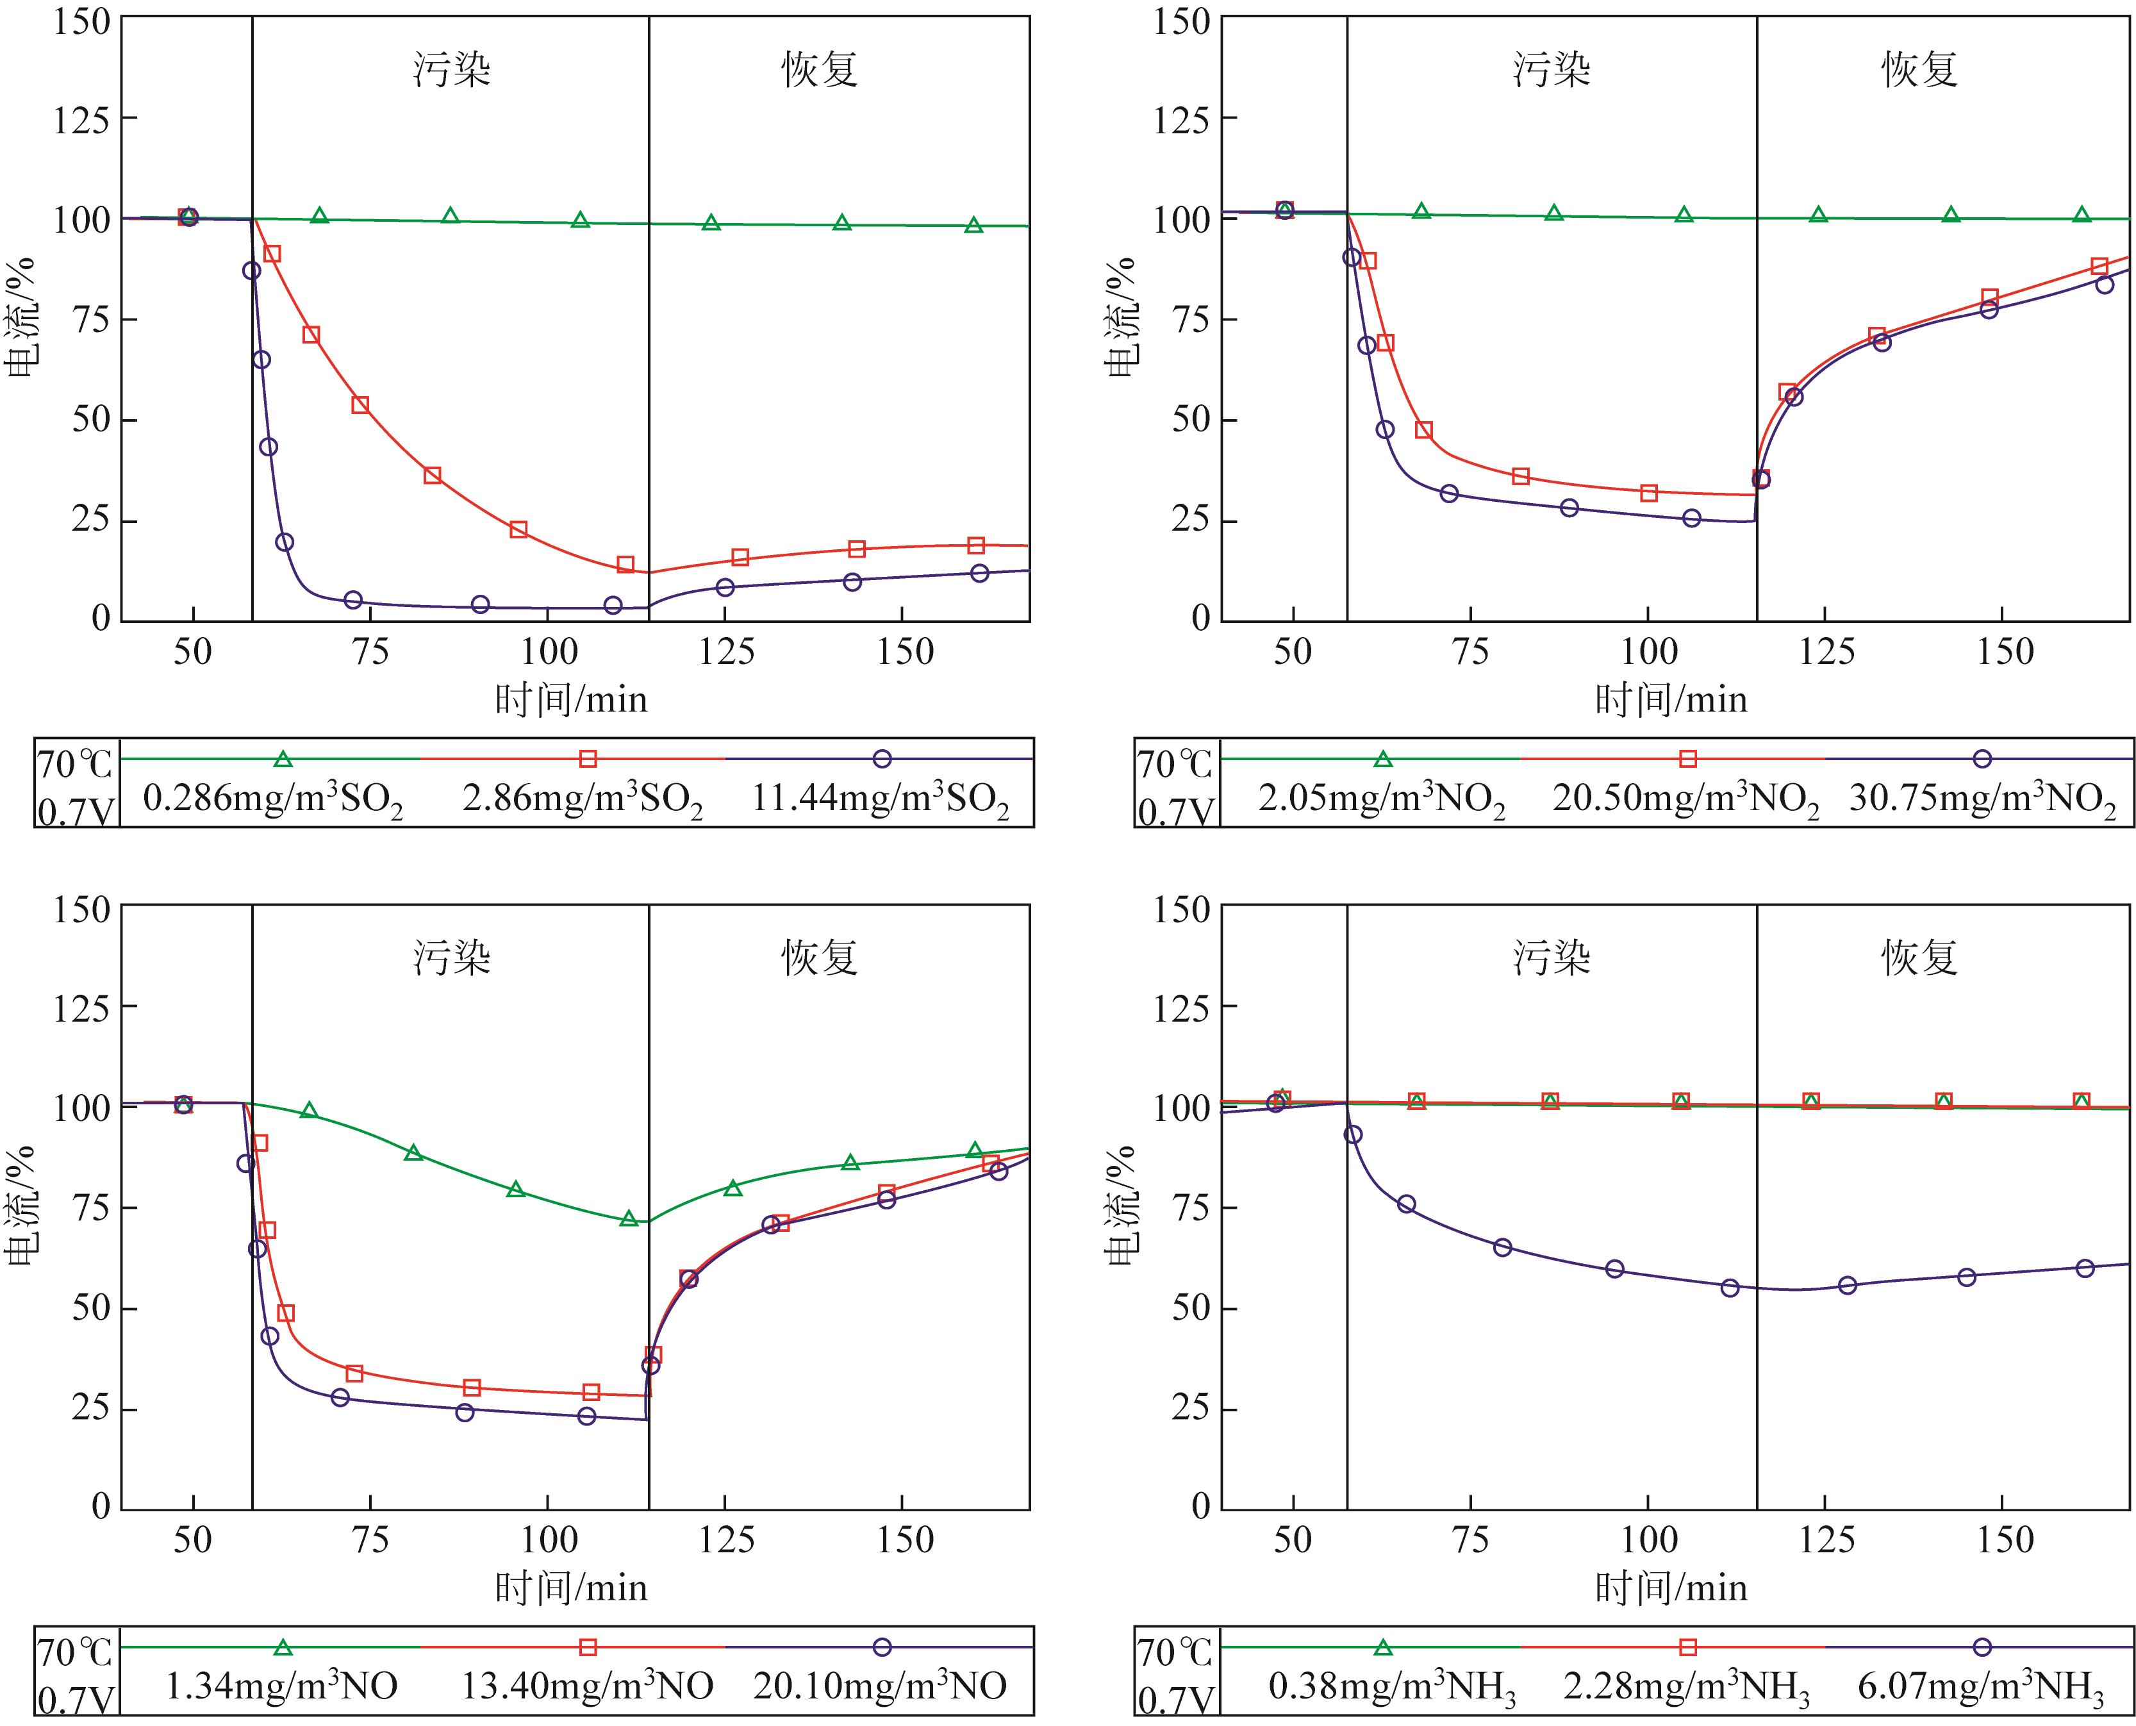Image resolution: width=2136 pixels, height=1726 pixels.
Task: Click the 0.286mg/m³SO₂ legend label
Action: tap(272, 799)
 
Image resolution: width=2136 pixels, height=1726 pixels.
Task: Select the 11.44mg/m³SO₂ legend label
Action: tap(881, 799)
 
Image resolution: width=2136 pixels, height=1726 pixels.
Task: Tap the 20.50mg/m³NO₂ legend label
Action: tap(1685, 799)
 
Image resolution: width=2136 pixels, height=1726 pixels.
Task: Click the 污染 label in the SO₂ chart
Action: tap(452, 70)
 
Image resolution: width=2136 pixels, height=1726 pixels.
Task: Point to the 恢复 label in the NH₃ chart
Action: tap(1918, 958)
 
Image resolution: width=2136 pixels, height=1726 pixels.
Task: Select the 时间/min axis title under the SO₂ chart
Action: tap(572, 700)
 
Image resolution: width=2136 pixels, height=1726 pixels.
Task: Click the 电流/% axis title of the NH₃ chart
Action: tap(1123, 1205)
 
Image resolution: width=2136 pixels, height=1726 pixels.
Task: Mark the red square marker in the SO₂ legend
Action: tap(588, 759)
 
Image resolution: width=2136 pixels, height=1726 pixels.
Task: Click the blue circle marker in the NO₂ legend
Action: tap(1982, 759)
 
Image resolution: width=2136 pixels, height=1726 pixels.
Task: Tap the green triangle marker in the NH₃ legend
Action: tap(1382, 1647)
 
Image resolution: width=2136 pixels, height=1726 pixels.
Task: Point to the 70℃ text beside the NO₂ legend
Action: tap(1175, 763)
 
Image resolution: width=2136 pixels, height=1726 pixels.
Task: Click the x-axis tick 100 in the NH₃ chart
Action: tap(1649, 1540)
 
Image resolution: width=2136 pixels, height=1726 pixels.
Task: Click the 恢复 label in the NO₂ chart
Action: tap(1918, 70)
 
